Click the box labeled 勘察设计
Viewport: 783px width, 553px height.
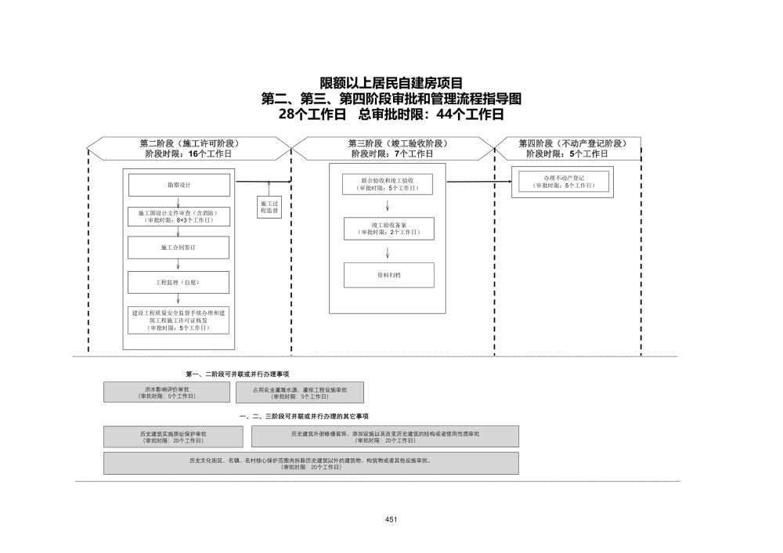tap(179, 185)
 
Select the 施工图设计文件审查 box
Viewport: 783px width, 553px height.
tap(179, 216)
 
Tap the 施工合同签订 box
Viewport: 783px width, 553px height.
tap(179, 248)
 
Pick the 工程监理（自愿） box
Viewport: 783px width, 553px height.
tap(179, 282)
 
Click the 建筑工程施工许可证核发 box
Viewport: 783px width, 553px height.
tap(179, 320)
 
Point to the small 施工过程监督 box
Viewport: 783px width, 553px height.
tap(269, 206)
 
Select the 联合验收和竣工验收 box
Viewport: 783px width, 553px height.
tap(388, 184)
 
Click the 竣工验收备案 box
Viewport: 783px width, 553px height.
tap(388, 228)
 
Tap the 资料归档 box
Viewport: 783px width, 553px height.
tap(388, 275)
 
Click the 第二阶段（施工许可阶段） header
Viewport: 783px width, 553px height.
tap(189, 148)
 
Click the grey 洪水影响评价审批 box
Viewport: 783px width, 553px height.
tap(166, 392)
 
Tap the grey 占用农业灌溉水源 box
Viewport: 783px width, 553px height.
tap(299, 392)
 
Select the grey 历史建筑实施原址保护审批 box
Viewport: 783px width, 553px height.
tap(173, 436)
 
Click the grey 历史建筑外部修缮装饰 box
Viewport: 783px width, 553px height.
tap(384, 436)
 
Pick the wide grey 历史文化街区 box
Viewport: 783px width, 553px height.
tap(310, 463)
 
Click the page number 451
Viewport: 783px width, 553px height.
tap(391, 519)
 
